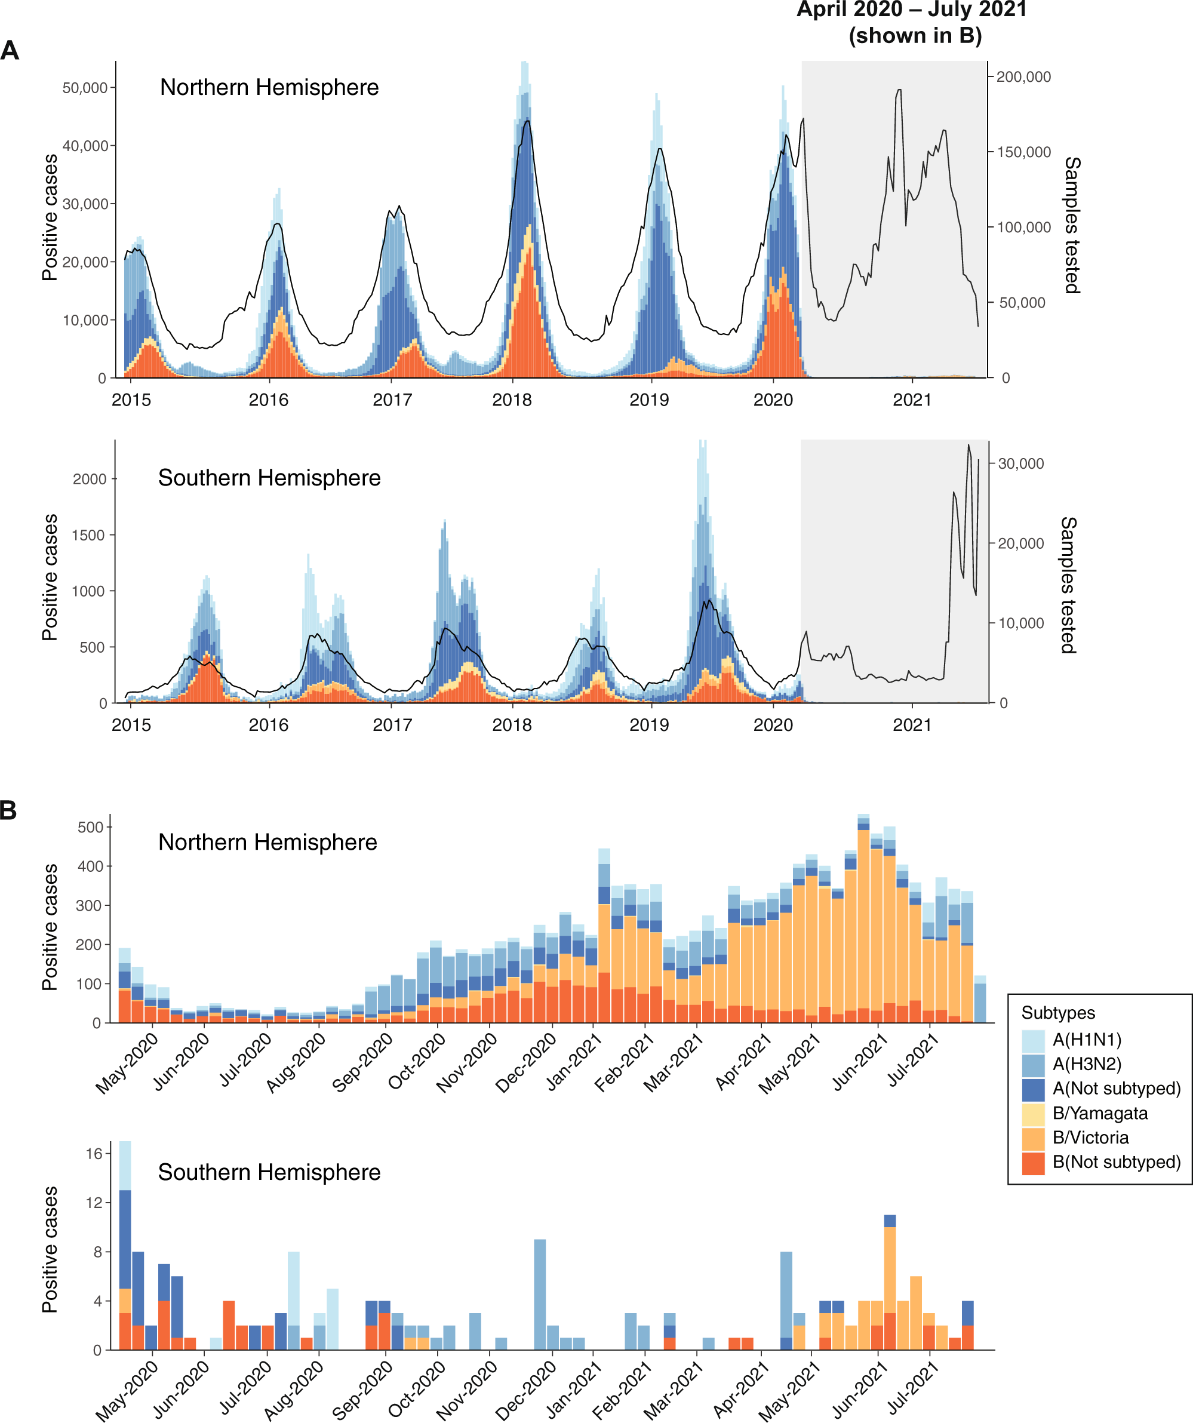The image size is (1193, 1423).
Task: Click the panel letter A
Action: point(10,51)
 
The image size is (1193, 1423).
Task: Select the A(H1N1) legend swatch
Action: point(1033,1040)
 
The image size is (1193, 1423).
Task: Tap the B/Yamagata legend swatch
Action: point(1033,1113)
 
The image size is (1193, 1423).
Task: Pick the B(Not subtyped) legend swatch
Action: point(1033,1163)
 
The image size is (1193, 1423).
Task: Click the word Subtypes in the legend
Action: point(1057,1013)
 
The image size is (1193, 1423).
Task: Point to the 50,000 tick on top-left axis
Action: point(85,88)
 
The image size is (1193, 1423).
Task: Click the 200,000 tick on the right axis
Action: point(1023,77)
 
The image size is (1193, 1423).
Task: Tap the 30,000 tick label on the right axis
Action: point(1021,463)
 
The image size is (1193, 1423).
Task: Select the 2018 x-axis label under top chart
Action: point(512,400)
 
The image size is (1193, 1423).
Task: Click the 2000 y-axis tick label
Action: point(90,479)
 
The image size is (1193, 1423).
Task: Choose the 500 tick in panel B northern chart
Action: point(90,828)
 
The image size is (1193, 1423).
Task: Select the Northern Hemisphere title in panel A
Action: point(269,87)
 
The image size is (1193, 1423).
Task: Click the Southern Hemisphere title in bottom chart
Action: point(269,1172)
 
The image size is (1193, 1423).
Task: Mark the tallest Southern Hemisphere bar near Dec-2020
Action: point(540,1294)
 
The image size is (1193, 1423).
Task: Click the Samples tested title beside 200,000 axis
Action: point(1072,225)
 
